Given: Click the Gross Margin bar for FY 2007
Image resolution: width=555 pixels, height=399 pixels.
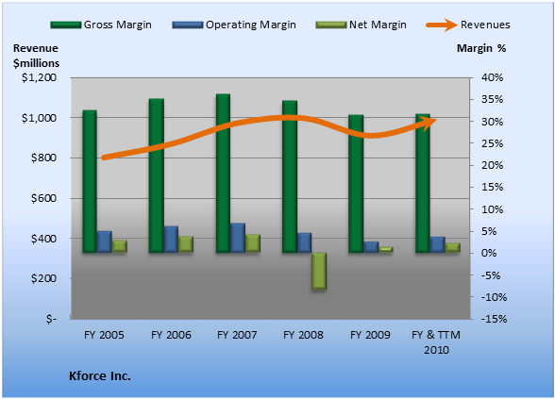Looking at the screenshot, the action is (x=224, y=174).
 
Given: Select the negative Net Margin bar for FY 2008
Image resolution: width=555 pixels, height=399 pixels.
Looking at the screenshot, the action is (x=319, y=272).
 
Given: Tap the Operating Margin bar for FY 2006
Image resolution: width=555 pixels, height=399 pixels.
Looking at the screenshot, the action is (x=171, y=240).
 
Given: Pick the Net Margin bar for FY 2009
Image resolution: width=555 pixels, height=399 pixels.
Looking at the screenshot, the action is (x=385, y=250).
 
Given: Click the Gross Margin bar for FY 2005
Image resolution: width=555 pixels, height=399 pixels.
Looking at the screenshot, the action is (x=90, y=181).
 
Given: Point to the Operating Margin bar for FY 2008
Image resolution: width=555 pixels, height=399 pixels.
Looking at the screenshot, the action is (x=304, y=242).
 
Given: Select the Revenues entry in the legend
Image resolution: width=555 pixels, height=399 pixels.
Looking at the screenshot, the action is (x=468, y=25).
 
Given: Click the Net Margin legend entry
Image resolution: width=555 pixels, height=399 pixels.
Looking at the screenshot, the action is (x=361, y=25).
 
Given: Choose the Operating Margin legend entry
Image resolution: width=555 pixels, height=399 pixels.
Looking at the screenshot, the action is (x=234, y=25).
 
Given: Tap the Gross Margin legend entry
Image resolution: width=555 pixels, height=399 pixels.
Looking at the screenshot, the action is (x=101, y=25).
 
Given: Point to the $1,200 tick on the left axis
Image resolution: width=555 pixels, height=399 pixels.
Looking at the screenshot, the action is (x=39, y=77).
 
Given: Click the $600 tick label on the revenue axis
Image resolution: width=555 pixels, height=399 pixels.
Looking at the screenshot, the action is (x=43, y=198).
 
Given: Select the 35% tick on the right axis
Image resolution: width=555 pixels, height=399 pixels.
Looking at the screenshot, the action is (x=492, y=99).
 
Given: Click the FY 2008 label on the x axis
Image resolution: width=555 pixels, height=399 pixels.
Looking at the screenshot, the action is (x=303, y=335).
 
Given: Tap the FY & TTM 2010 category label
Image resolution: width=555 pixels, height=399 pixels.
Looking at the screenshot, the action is (x=436, y=342).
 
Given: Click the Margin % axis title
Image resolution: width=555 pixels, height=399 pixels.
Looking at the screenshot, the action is (x=481, y=48).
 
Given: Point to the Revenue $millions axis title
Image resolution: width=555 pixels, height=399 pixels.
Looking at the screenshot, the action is (x=36, y=56).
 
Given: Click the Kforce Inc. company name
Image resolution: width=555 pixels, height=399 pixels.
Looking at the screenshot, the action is (x=100, y=375).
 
